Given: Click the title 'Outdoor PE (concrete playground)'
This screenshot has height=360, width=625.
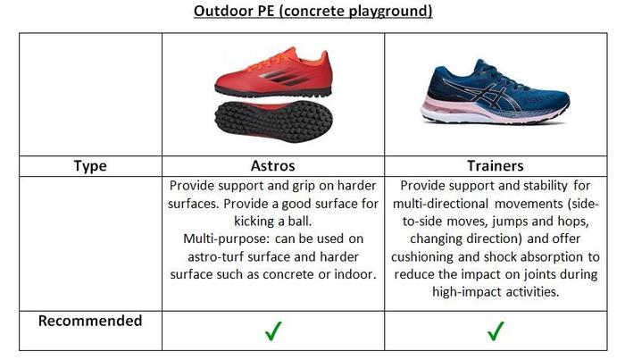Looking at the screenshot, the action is tap(312, 11).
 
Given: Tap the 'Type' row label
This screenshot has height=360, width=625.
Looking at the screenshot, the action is tap(90, 166).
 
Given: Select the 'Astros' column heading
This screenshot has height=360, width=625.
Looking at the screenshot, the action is tap(273, 166).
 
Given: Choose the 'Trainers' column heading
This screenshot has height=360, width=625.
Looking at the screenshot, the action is tap(496, 166).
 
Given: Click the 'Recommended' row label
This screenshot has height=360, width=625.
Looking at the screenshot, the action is tap(90, 321).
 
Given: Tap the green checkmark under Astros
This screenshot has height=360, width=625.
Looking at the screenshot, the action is tap(273, 331).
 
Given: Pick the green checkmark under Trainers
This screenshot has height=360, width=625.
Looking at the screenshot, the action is tap(496, 331).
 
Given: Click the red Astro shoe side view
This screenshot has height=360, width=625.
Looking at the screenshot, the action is tap(273, 74).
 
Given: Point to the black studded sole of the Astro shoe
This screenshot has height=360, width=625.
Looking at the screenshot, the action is tap(273, 121).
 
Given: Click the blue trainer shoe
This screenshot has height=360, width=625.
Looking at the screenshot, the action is tap(496, 93).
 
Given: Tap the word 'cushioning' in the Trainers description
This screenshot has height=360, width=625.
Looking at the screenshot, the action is tap(422, 256).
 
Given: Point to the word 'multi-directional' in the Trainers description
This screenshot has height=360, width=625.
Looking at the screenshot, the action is tap(440, 204).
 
